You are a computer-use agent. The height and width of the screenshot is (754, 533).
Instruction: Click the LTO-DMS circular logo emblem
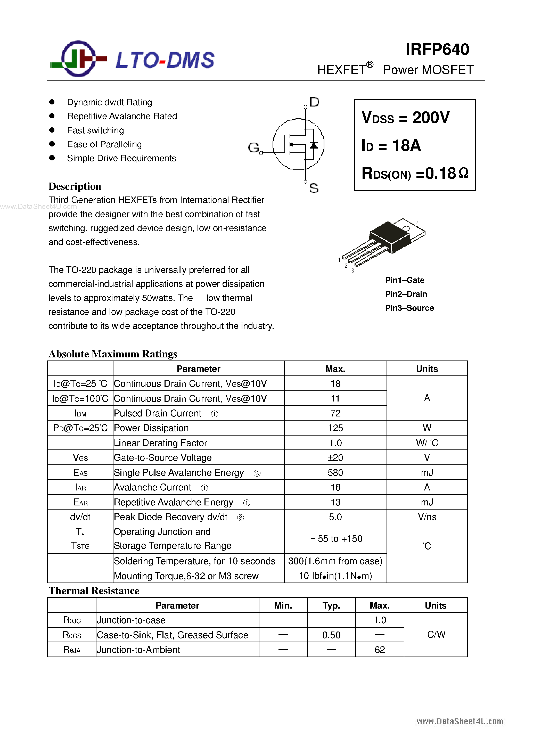[x=78, y=59]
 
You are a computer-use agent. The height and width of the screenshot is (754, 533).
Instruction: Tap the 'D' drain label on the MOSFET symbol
[x=314, y=102]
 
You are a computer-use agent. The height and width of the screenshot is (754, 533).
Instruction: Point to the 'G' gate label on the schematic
[x=253, y=148]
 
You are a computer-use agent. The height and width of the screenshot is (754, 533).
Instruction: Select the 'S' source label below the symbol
[x=314, y=188]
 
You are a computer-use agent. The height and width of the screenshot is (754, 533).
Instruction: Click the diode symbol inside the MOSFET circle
[x=314, y=145]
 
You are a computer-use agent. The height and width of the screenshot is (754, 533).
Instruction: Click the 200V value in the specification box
[x=431, y=118]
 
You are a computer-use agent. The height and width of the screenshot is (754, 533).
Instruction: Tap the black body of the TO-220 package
[x=389, y=236]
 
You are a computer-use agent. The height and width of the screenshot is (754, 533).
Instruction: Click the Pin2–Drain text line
[x=406, y=294]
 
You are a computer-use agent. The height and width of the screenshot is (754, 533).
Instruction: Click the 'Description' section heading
[x=75, y=186]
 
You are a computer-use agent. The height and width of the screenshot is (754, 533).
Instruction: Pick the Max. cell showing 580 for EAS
[x=335, y=473]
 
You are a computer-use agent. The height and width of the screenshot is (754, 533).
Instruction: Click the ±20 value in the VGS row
[x=335, y=457]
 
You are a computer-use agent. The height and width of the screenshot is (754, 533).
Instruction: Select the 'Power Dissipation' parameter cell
[x=151, y=428]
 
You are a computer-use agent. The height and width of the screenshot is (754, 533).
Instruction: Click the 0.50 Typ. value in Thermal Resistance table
[x=331, y=635]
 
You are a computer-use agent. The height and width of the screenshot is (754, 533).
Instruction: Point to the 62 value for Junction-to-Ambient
[x=379, y=650]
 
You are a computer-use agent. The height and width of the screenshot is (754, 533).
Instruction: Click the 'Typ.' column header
[x=331, y=605]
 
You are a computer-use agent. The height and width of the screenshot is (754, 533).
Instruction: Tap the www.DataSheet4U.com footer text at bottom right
[x=460, y=721]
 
